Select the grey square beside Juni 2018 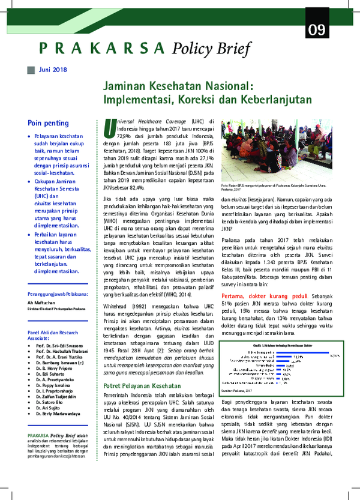pos(31,70)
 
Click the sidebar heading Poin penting pos(48,123)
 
